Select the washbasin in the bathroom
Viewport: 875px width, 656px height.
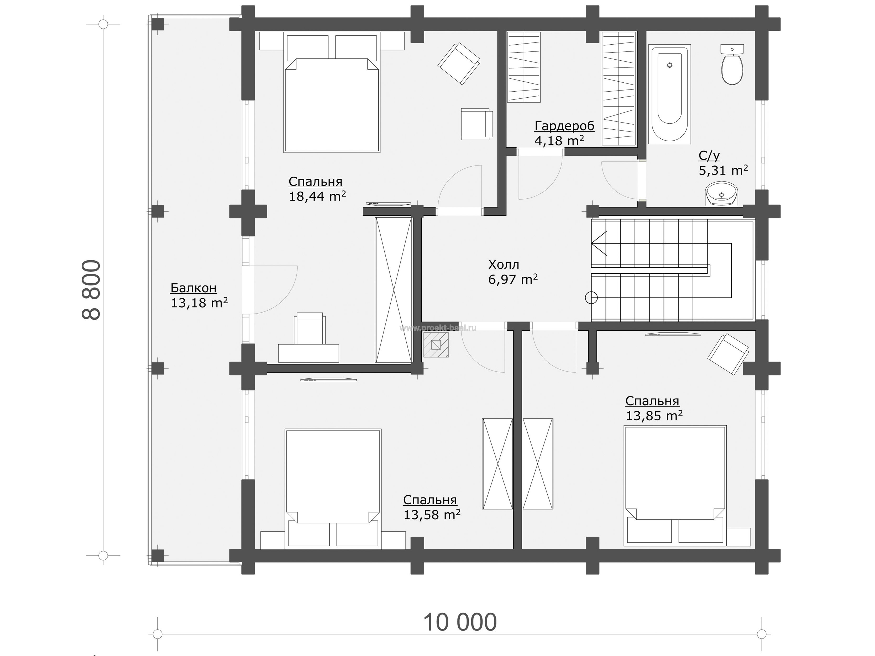(721, 194)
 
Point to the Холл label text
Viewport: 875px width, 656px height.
(504, 264)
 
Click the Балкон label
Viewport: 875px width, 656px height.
(193, 288)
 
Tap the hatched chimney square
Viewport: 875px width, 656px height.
(436, 345)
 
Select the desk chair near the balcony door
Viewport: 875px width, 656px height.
(310, 328)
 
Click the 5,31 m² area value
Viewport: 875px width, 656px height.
(723, 171)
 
